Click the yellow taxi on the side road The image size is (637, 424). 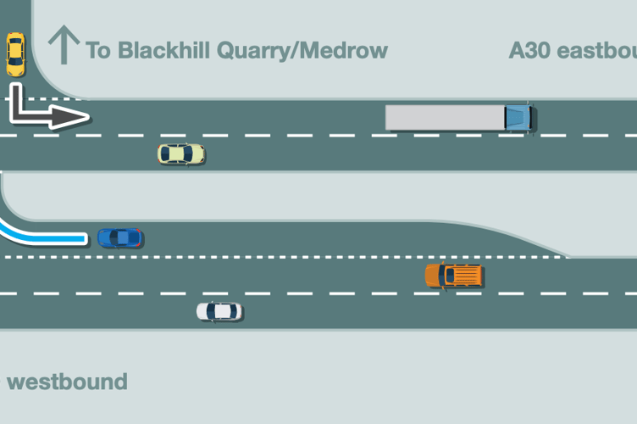pos(15,54)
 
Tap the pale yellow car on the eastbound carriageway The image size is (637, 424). pos(181,153)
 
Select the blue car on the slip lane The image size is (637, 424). pos(119,237)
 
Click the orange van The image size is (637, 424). pos(454,276)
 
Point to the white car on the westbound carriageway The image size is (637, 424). pos(219,311)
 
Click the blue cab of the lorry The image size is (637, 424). pos(518,117)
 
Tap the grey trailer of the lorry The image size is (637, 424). pos(445,117)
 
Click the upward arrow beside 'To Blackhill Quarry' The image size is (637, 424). pos(64,45)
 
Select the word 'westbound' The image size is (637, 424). pos(67,382)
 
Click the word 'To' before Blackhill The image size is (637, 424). pos(98,50)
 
